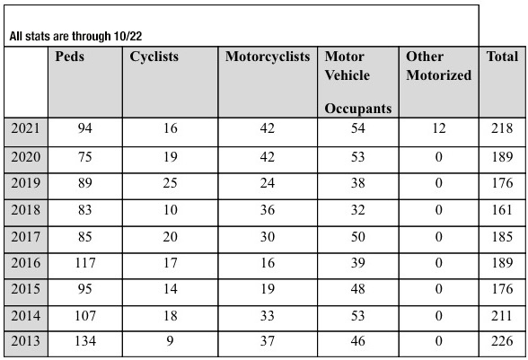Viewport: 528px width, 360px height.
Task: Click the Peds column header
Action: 70,57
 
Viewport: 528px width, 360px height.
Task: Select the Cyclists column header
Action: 154,57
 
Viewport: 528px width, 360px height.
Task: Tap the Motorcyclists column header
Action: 268,57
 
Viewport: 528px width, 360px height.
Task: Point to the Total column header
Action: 502,57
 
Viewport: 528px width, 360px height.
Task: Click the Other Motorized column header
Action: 438,66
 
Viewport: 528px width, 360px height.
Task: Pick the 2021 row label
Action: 25,128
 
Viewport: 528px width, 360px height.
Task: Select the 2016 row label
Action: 25,263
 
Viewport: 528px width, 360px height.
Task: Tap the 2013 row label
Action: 25,341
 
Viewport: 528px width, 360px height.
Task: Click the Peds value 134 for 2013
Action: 84,341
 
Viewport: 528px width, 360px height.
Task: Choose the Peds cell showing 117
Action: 84,263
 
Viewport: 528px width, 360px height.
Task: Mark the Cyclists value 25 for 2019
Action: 170,183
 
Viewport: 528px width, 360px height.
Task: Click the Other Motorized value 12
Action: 439,128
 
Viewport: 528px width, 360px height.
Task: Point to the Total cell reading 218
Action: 502,128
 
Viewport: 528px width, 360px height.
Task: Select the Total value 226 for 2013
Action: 502,341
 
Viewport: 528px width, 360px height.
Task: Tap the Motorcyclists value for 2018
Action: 268,210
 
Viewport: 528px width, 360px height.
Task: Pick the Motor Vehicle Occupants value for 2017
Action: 357,237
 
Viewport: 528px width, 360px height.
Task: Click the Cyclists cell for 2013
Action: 170,341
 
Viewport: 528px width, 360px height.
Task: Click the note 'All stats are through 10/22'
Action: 75,36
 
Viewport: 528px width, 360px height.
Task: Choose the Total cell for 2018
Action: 502,210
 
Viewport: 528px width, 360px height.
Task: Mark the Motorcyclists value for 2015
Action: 268,289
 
